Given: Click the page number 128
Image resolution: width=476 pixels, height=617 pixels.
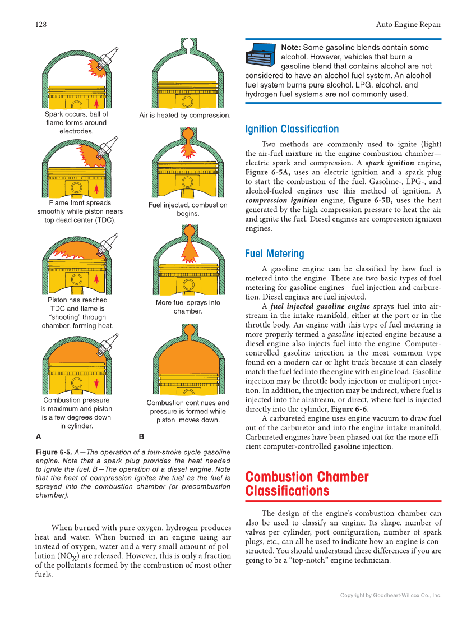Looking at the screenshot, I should (40, 24).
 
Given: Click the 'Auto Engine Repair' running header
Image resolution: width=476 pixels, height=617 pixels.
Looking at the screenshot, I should (408, 24).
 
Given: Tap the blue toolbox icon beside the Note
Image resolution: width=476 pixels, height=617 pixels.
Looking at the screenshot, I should (261, 55).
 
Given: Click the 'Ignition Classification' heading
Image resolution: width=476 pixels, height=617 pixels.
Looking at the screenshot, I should (292, 129).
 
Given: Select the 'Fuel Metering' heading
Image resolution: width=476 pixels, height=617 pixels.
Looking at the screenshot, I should (274, 254).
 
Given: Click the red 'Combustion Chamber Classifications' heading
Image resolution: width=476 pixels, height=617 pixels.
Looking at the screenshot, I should (307, 484).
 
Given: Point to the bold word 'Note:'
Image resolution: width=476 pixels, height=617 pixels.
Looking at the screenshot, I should (290, 48).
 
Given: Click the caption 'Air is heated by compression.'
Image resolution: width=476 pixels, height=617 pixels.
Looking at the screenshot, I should (184, 115).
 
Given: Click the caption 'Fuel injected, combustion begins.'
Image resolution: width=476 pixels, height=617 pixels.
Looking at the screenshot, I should (188, 209).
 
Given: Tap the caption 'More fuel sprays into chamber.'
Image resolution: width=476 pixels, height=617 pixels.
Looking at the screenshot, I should (188, 306).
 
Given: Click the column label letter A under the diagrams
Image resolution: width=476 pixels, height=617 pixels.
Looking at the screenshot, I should (38, 436).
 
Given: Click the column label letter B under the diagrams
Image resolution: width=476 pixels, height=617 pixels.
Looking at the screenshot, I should (141, 436).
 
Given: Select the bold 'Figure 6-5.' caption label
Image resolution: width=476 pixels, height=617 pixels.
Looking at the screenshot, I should (54, 452).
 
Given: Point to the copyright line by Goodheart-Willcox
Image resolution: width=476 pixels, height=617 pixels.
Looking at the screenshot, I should (391, 595).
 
